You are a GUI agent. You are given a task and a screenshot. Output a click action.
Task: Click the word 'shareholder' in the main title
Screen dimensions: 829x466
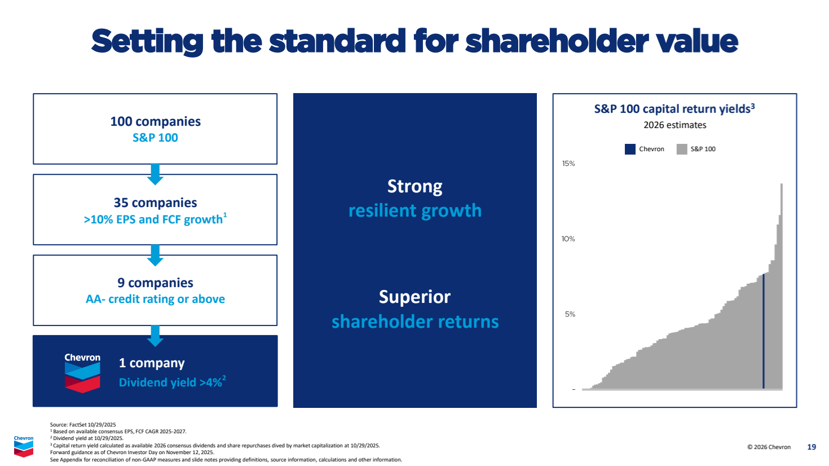point(557,41)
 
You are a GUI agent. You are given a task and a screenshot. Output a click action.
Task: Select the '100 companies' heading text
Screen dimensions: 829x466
point(156,121)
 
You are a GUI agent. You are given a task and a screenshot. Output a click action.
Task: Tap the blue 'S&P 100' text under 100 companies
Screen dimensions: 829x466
point(155,138)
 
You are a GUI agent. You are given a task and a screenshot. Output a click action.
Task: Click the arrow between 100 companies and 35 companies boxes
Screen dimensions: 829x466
point(156,174)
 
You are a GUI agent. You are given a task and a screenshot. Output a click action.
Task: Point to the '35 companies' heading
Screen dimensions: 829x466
point(156,203)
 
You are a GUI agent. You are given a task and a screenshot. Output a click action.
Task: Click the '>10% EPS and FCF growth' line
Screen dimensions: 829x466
point(155,219)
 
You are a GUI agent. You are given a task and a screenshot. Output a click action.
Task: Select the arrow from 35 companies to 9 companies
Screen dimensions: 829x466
point(156,255)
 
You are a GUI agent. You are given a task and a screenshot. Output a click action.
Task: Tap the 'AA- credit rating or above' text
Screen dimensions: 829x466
point(155,298)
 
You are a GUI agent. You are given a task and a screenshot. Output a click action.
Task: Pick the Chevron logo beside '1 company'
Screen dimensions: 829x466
point(82,373)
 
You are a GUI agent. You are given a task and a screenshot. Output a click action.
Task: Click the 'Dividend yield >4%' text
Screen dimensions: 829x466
point(172,382)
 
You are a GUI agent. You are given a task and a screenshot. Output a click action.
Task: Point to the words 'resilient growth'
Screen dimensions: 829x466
point(415,210)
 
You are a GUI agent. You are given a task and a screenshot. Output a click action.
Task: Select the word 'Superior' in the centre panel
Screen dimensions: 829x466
point(414,297)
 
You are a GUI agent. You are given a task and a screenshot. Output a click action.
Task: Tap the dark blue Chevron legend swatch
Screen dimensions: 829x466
point(630,149)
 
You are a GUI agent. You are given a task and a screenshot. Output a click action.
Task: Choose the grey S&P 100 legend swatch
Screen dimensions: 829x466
point(682,149)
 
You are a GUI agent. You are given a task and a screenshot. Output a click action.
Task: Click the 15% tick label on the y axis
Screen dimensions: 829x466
point(568,164)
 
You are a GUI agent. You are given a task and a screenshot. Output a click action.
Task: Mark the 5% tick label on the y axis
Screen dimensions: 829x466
point(570,314)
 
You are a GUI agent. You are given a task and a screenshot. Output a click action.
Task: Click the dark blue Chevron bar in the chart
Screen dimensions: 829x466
point(764,331)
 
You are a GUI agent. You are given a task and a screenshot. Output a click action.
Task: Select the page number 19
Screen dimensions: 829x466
point(812,447)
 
